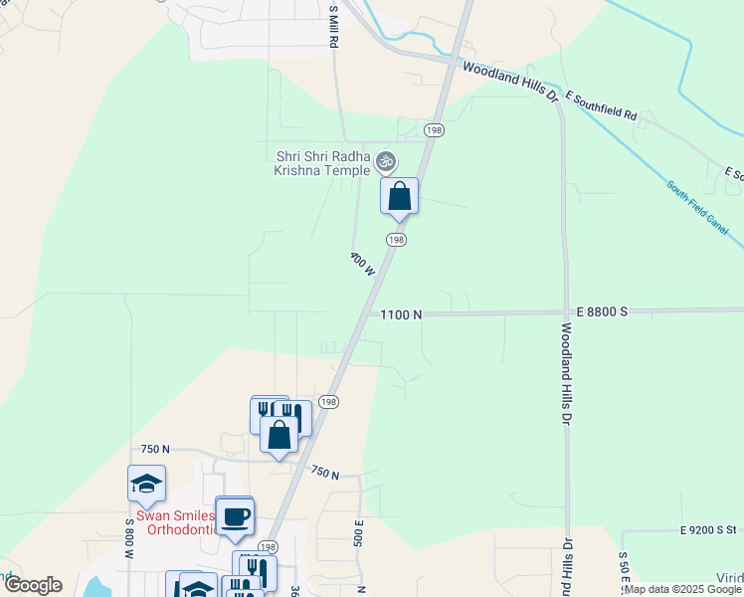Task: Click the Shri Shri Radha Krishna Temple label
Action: [x=321, y=163]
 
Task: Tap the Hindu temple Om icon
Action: [x=386, y=159]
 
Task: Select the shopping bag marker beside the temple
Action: [x=399, y=195]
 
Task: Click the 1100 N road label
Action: [x=402, y=314]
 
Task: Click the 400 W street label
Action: [x=362, y=264]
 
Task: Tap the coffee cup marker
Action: [x=235, y=515]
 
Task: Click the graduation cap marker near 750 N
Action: [x=146, y=484]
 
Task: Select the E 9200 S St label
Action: [x=708, y=531]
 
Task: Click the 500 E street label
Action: [x=358, y=532]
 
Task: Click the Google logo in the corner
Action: [x=32, y=585]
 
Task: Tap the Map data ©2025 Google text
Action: [x=683, y=589]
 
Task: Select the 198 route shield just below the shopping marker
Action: [x=396, y=240]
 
